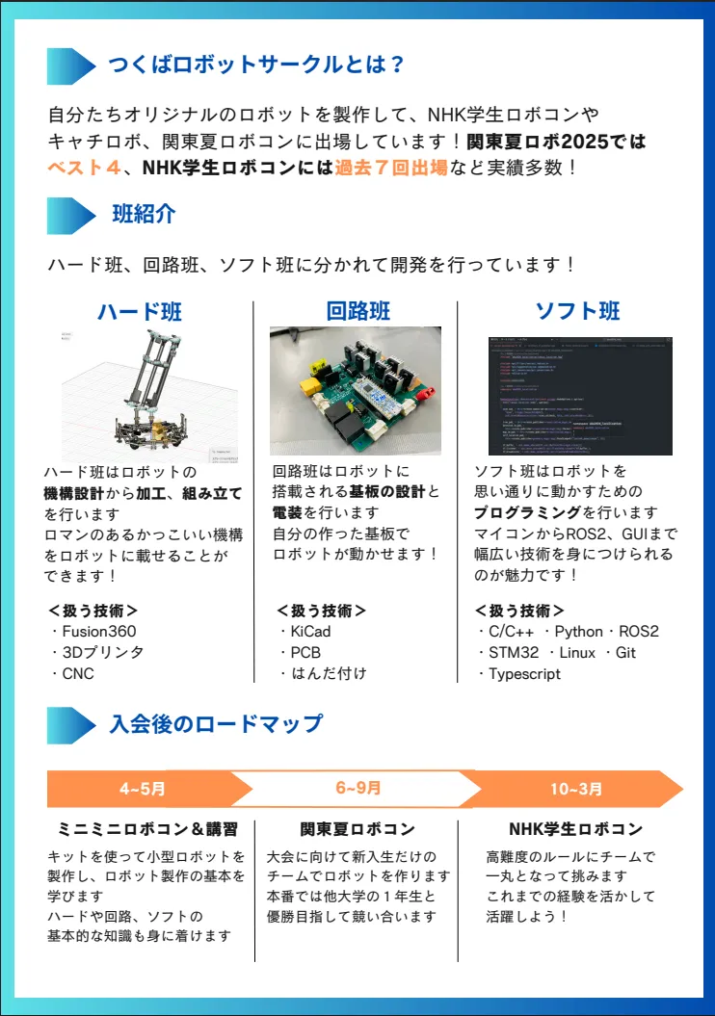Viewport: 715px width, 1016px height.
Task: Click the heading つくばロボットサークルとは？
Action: click(x=255, y=65)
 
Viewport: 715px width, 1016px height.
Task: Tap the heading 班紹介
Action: click(x=144, y=214)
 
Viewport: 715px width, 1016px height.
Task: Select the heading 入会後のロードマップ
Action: click(x=216, y=723)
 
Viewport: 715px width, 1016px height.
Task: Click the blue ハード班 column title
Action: click(x=139, y=311)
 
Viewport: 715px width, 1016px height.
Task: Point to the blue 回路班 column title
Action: click(x=357, y=310)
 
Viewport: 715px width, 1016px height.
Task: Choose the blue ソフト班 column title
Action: click(x=577, y=310)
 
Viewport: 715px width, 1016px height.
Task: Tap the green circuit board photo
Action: click(x=356, y=390)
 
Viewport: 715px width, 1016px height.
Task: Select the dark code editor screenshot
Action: click(x=580, y=394)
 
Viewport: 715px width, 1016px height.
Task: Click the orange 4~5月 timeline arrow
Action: click(x=143, y=789)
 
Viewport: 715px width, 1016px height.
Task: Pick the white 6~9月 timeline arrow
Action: click(x=358, y=788)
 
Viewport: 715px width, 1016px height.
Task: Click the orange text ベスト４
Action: click(x=86, y=168)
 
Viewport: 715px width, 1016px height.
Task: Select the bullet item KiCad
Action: click(x=310, y=632)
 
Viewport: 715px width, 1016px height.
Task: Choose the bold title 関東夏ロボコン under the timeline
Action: click(x=357, y=829)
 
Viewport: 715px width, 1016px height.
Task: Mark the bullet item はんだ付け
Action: click(x=329, y=674)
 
